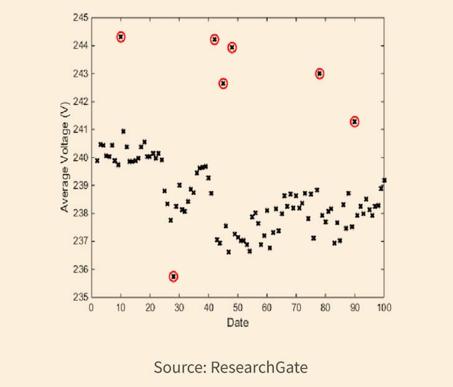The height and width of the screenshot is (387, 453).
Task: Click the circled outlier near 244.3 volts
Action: pos(121,37)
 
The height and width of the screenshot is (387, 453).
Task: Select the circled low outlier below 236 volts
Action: pos(174,276)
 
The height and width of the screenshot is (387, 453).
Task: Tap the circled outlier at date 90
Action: pos(355,121)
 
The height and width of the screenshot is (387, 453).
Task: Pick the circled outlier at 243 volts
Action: pos(320,73)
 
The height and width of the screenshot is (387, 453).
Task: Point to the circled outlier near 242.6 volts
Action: pos(223,83)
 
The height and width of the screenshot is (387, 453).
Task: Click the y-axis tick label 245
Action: pos(81,17)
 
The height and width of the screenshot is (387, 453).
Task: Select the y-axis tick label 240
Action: pos(81,157)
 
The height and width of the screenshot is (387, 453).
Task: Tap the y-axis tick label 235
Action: pos(81,297)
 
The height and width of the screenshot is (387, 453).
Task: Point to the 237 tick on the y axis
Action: pos(81,241)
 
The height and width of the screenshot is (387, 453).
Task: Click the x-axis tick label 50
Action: pos(238,307)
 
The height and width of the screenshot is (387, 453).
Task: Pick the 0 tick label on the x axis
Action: pos(91,307)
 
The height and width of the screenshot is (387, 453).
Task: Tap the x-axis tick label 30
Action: pos(179,307)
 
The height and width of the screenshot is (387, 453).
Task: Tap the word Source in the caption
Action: pos(177,367)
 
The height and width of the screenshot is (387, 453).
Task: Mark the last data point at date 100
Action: pos(384,180)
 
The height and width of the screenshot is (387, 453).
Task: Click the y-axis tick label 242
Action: pos(81,101)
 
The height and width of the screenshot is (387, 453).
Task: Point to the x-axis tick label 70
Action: pos(296,307)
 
